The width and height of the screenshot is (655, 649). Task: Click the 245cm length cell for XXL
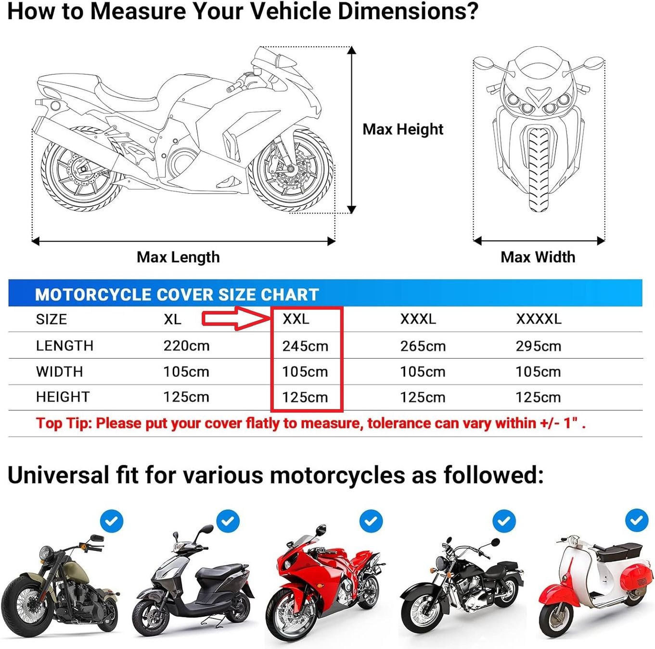click(x=305, y=346)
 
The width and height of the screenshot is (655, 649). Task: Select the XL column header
click(x=172, y=319)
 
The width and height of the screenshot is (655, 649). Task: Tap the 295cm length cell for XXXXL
click(x=539, y=346)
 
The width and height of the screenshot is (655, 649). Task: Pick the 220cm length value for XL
click(x=186, y=346)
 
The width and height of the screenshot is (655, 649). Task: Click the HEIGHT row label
click(x=63, y=397)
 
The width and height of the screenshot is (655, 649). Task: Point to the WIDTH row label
click(x=60, y=372)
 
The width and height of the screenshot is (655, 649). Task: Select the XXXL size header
click(x=418, y=319)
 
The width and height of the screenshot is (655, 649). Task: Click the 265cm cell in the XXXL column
click(x=423, y=346)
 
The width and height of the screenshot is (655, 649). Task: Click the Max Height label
click(x=403, y=129)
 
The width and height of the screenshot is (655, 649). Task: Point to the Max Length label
click(x=178, y=257)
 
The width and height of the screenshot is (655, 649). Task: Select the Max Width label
click(x=538, y=257)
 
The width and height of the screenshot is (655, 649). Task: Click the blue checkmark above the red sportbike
click(x=371, y=521)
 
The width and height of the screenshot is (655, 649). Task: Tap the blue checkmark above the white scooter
click(x=637, y=520)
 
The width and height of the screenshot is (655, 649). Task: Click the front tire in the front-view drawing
click(x=539, y=170)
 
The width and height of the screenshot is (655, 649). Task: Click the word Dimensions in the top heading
click(x=408, y=11)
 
